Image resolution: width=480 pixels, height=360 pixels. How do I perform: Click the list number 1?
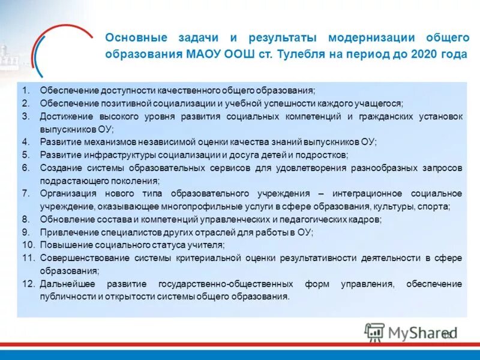click(x=26, y=90)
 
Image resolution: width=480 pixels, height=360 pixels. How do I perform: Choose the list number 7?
click(x=26, y=193)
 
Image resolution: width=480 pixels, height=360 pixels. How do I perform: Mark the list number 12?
click(x=29, y=284)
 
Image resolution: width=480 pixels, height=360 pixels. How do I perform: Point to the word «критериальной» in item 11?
click(x=205, y=258)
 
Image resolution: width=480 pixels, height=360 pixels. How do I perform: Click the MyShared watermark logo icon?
click(x=374, y=332)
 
